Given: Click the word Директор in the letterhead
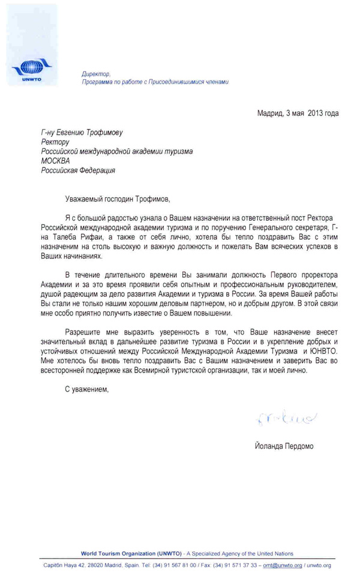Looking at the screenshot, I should pos(94,73).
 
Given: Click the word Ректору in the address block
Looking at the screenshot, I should pos(56,142).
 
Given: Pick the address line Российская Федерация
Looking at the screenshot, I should pos(78,170).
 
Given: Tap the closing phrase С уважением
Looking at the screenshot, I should pos(87,389).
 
